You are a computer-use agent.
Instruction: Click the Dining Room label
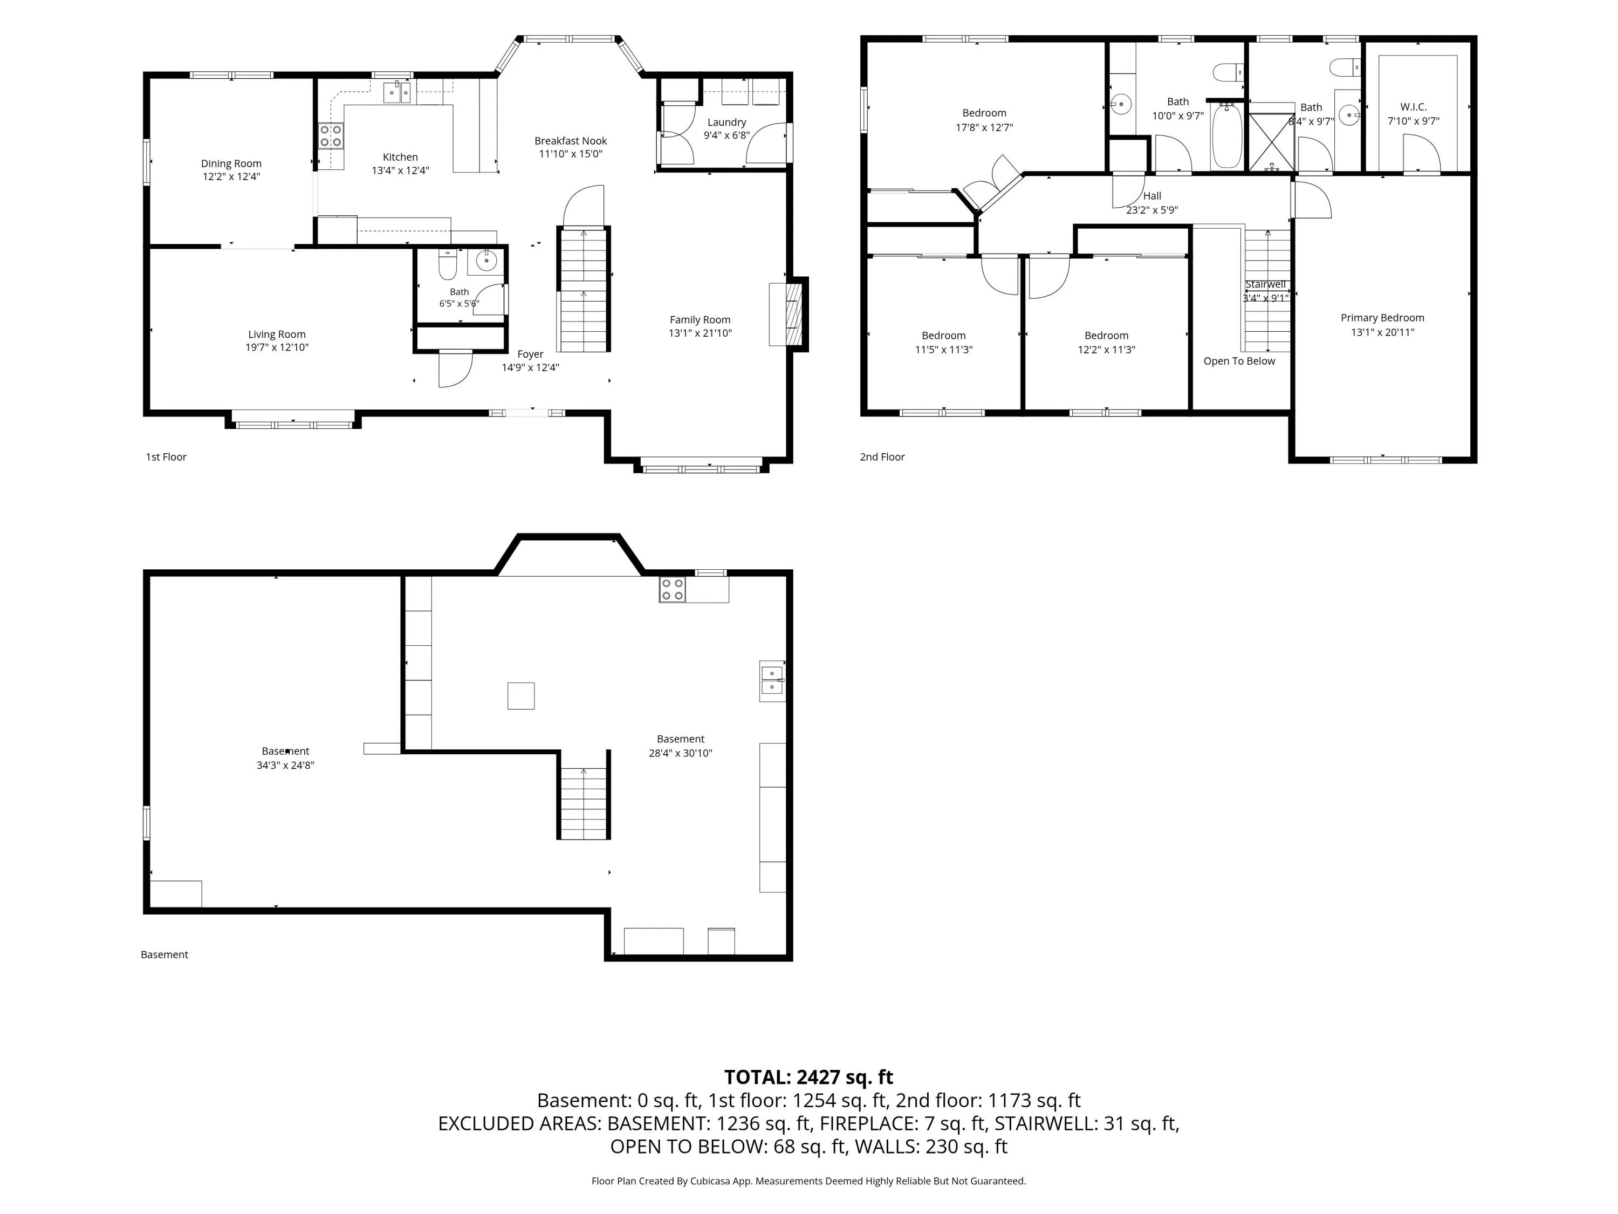(x=231, y=163)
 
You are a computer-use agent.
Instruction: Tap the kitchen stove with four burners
(x=331, y=136)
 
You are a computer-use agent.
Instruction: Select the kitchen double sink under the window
(x=397, y=92)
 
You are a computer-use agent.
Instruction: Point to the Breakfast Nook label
(x=571, y=140)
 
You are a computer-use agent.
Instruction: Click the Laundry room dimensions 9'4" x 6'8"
(x=726, y=135)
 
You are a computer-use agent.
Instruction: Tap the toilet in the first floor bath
(x=448, y=265)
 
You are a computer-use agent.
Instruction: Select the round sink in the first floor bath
(x=486, y=260)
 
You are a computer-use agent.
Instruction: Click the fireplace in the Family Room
(x=789, y=314)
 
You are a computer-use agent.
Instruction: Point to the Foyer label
(x=530, y=354)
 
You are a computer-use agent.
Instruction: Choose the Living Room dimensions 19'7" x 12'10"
(x=277, y=347)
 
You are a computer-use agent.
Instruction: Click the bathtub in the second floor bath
(x=1226, y=136)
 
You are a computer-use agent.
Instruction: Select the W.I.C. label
(x=1413, y=107)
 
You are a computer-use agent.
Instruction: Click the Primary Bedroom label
(x=1382, y=318)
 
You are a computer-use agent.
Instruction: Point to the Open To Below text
(x=1239, y=361)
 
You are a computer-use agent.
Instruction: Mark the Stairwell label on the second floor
(x=1265, y=285)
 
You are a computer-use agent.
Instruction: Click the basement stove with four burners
(x=672, y=590)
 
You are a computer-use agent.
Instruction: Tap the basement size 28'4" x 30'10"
(x=680, y=753)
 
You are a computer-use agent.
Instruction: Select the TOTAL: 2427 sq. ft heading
(x=808, y=1077)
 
